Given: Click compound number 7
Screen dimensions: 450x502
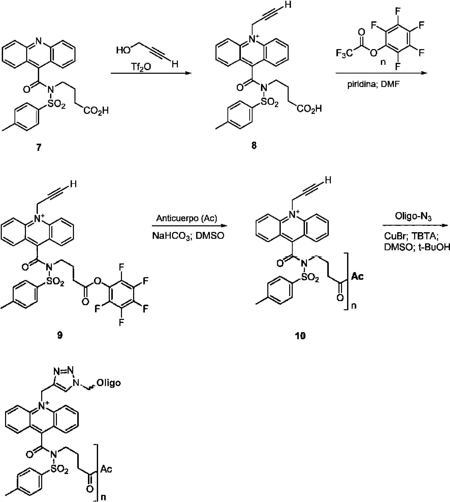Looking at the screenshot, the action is click(x=39, y=147).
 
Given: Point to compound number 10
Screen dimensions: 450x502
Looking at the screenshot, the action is click(x=300, y=336).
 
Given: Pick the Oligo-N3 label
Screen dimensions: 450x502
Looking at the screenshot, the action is click(x=413, y=217).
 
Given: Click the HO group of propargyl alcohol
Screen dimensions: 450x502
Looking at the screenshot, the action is click(x=124, y=51).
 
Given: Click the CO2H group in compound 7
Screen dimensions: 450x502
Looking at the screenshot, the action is click(x=96, y=111).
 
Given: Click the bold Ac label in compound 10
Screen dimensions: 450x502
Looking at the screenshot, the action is click(x=357, y=276).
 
